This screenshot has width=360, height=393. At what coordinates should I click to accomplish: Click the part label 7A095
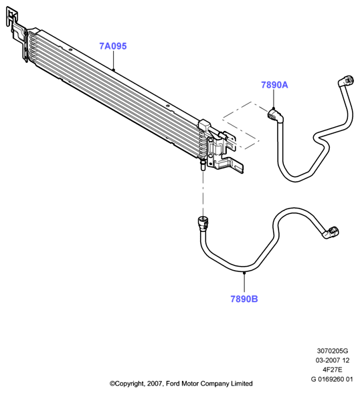(x=113, y=46)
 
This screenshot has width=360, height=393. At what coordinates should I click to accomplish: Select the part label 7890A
(x=274, y=85)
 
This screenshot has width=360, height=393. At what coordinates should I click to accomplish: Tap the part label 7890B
(x=244, y=299)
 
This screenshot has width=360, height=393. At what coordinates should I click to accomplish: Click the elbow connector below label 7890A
(x=276, y=116)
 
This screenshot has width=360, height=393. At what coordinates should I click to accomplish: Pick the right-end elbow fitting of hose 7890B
(x=331, y=233)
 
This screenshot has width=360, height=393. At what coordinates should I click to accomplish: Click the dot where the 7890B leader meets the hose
(x=244, y=273)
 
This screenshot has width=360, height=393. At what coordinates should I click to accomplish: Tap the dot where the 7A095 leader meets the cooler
(x=113, y=70)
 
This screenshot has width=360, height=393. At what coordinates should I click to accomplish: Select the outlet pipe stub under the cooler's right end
(x=203, y=166)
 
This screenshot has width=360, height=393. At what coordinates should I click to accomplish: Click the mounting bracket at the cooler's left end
(x=16, y=33)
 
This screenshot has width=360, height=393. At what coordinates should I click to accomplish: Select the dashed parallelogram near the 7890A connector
(x=241, y=126)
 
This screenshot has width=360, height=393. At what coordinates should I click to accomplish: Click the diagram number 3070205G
(x=333, y=351)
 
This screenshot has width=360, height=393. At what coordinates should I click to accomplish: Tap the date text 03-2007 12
(x=333, y=360)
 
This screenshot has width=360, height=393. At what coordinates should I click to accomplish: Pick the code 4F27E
(x=333, y=370)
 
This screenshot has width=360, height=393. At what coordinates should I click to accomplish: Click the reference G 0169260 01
(x=332, y=379)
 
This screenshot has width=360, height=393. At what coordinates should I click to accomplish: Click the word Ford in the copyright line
(x=173, y=384)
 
